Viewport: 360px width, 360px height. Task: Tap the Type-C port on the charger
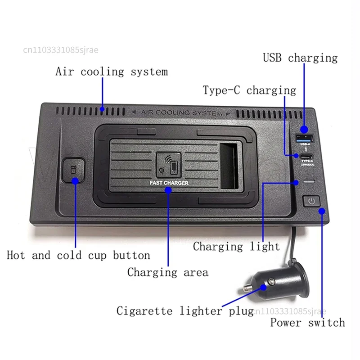pyautogui.click(x=305, y=157)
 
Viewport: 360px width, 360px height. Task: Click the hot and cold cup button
pyautogui.click(x=74, y=170)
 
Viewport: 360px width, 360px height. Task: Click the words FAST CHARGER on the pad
pyautogui.click(x=169, y=183)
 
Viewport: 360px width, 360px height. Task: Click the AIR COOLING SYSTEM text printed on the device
pyautogui.click(x=181, y=112)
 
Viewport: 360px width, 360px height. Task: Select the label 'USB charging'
pyautogui.click(x=300, y=58)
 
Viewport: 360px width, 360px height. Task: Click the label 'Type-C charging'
pyautogui.click(x=249, y=90)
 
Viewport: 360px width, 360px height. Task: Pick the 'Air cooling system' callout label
pyautogui.click(x=112, y=72)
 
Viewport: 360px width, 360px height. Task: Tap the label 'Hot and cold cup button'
pyautogui.click(x=78, y=256)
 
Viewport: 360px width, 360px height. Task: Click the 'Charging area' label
pyautogui.click(x=167, y=272)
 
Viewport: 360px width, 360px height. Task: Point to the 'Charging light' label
pyautogui.click(x=236, y=246)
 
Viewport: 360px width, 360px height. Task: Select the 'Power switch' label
pyautogui.click(x=307, y=322)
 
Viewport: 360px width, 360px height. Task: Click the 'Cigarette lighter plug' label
pyautogui.click(x=185, y=310)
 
